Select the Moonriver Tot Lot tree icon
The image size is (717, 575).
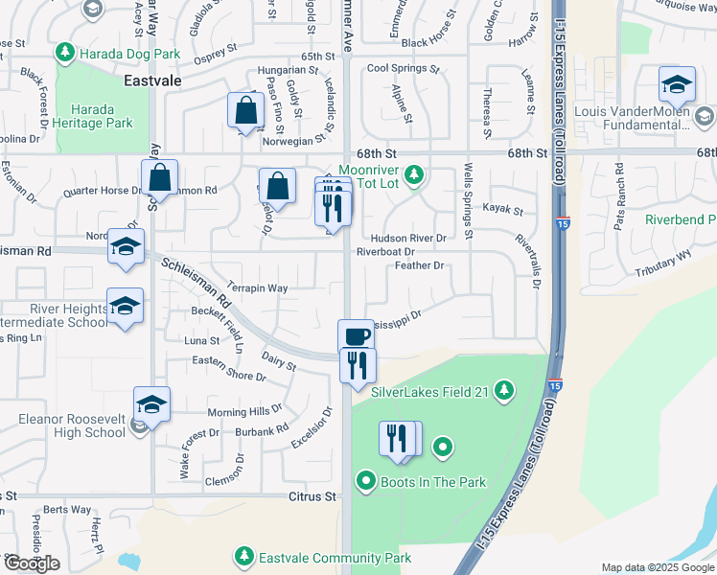tap(414, 174)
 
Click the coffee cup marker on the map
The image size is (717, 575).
tap(356, 336)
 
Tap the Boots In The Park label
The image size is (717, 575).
tap(433, 482)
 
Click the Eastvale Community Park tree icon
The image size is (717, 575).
tap(244, 557)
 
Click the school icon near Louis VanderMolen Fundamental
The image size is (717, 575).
tap(677, 85)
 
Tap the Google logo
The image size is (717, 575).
tap(32, 563)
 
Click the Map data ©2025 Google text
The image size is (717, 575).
tap(657, 567)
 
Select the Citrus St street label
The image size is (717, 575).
tap(313, 497)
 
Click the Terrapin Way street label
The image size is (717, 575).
tap(258, 287)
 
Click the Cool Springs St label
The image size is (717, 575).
tap(403, 69)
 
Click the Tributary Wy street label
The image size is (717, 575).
tap(662, 258)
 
